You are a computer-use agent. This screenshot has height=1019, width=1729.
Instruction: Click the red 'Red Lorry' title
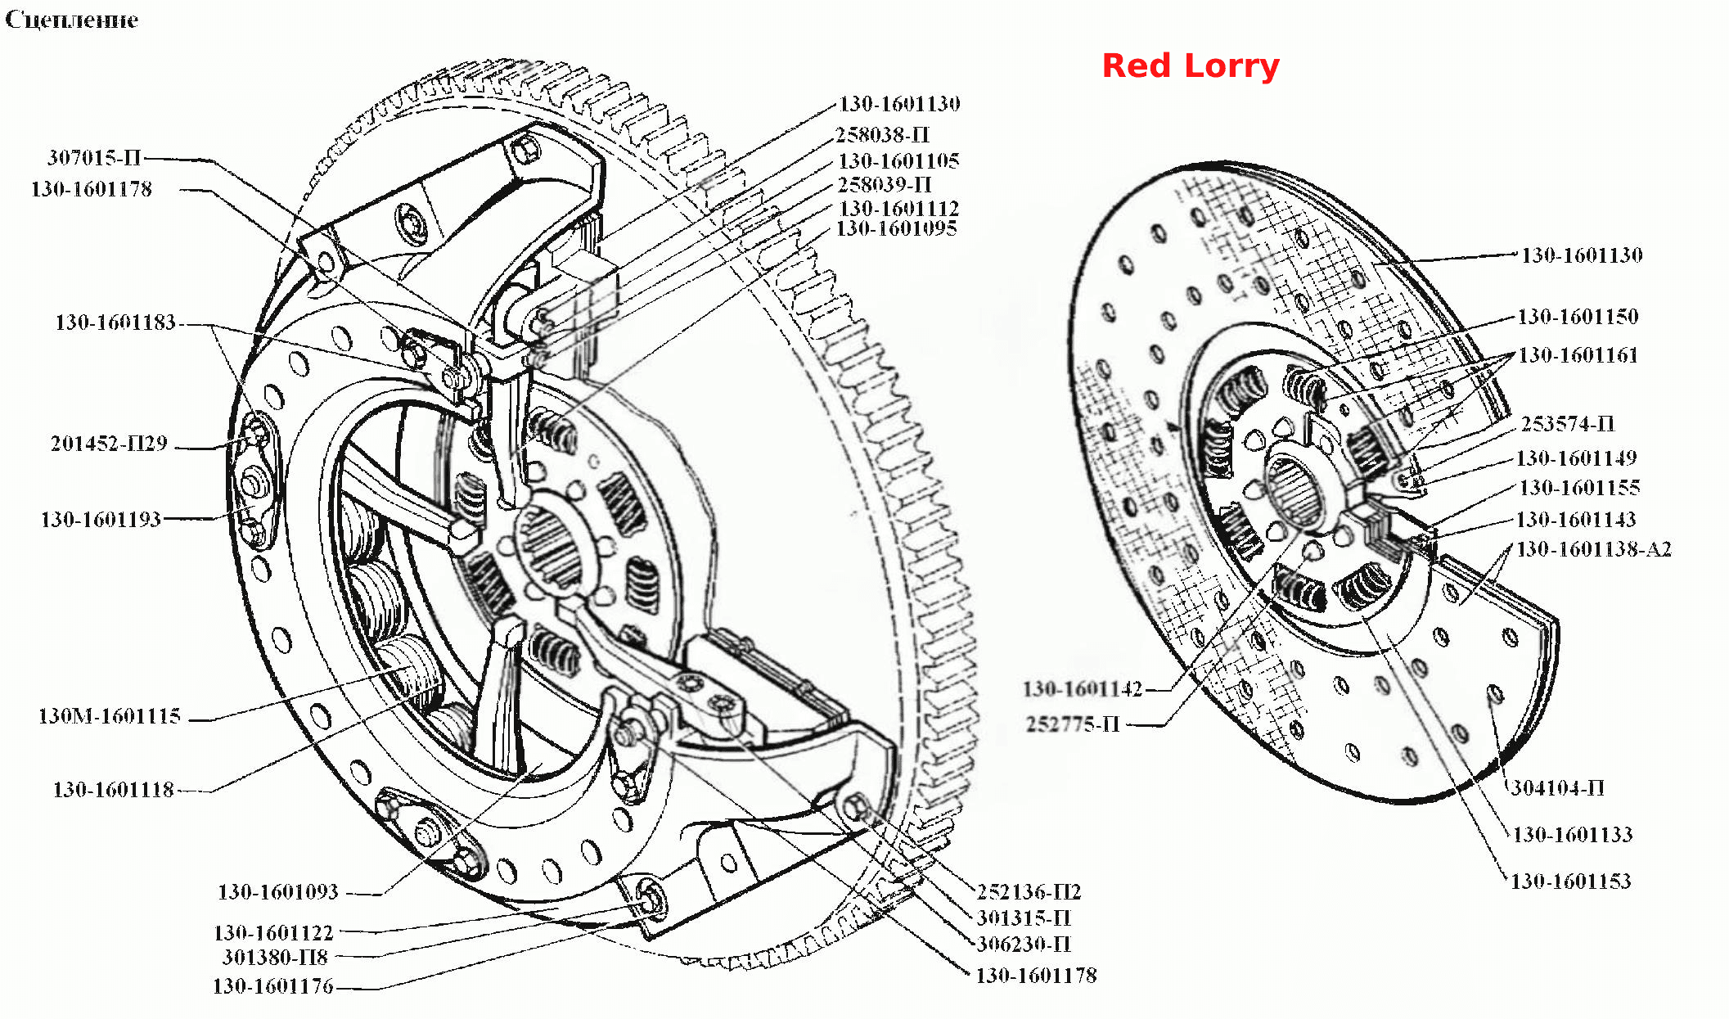[x=1191, y=66]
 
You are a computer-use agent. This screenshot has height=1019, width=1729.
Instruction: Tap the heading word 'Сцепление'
[x=72, y=20]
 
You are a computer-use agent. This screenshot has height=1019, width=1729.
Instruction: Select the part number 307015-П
[x=94, y=157]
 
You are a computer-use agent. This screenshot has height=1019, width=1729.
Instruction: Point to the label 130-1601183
[x=115, y=322]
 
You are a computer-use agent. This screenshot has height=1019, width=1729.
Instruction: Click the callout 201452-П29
[x=109, y=443]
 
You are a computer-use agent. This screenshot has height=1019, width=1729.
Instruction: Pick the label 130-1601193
[x=101, y=519]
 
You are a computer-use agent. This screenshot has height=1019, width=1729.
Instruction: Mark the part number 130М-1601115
[x=110, y=716]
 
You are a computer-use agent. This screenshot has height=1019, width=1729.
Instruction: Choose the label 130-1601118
[x=114, y=789]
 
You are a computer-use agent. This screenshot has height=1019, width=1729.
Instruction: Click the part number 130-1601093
[x=278, y=891]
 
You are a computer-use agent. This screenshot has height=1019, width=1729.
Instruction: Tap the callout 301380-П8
[x=275, y=957]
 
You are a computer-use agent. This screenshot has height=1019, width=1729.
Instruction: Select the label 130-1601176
[x=273, y=985]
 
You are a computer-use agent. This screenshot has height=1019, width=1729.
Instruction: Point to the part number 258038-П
[x=882, y=134]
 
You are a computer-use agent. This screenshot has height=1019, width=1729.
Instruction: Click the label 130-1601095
[x=896, y=228]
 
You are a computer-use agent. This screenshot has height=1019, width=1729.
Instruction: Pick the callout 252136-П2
[x=1029, y=891]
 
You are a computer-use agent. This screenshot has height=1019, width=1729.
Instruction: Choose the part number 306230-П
[x=1024, y=944]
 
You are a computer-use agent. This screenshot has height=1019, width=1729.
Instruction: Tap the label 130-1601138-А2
[x=1594, y=548]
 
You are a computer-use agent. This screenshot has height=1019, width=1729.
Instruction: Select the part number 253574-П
[x=1568, y=423]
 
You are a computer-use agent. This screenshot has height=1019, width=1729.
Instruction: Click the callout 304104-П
[x=1557, y=787]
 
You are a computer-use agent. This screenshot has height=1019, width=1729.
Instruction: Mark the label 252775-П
[x=1073, y=724]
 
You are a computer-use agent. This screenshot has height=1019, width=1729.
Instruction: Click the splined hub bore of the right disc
[x=1294, y=491]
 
